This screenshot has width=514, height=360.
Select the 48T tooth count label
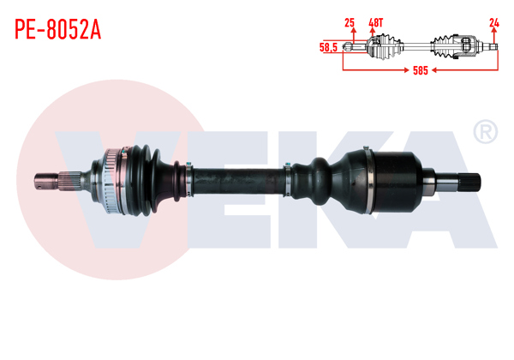tap(374, 23)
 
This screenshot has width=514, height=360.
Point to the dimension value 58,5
tap(328, 47)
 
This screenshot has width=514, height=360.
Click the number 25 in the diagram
tap(349, 23)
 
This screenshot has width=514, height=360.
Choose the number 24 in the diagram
tap(493, 23)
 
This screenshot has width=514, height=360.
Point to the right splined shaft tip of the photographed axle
tap(466, 182)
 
